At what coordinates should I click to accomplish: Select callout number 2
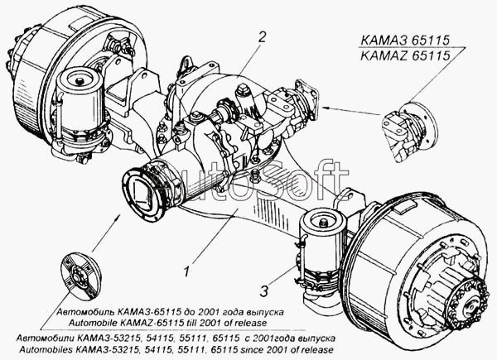point(262,36)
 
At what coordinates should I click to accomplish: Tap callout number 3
point(264,290)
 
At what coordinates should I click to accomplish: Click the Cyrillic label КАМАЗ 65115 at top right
point(405,41)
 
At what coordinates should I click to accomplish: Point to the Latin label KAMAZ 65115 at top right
point(405,56)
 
